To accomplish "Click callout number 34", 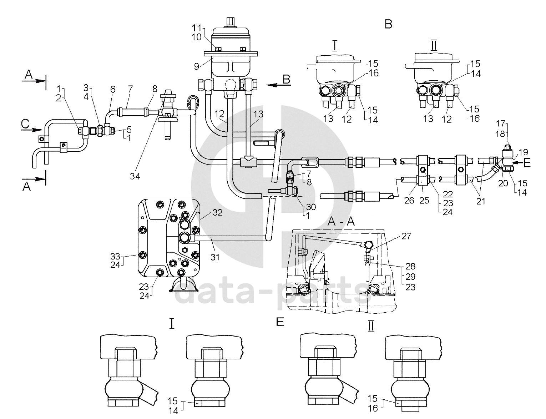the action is click(135, 176).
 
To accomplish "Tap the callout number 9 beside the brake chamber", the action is click(197, 67).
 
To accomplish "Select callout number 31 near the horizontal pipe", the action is click(215, 257).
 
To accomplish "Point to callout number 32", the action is click(218, 213).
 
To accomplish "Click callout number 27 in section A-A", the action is click(406, 236).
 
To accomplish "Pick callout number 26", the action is click(409, 201).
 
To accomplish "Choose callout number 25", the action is click(424, 201).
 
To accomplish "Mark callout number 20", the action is click(503, 183).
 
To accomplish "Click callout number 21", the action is click(481, 201).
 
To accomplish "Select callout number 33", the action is click(115, 256).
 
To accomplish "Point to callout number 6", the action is click(113, 89).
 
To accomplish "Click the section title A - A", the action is click(342, 222).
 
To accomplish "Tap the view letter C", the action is click(25, 123).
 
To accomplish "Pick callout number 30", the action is click(311, 207).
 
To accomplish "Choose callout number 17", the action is click(501, 123).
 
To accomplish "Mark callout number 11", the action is click(197, 27).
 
